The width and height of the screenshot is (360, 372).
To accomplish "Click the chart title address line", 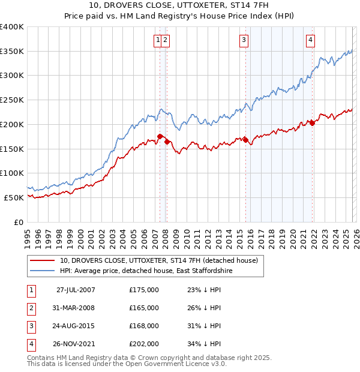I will click(180, 5).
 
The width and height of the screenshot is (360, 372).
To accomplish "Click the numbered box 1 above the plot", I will click(158, 40).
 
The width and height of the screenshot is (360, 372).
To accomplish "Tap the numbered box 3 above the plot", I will click(244, 40).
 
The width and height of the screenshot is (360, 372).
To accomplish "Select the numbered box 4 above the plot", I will click(310, 40).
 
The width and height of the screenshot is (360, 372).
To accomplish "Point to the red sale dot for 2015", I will click(245, 140).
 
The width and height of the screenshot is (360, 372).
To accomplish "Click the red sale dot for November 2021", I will click(312, 123).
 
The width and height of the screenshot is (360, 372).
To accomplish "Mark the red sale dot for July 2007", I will click(160, 136).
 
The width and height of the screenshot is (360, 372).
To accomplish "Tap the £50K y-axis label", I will click(14, 197).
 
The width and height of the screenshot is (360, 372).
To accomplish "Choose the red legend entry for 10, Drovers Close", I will click(159, 260).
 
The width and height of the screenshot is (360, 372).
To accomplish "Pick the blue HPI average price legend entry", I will click(146, 271).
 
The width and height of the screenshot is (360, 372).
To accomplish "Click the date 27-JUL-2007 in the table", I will click(76, 290).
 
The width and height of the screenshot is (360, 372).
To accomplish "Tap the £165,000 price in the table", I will click(144, 308).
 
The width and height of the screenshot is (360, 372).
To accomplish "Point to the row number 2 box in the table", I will click(29, 308).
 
